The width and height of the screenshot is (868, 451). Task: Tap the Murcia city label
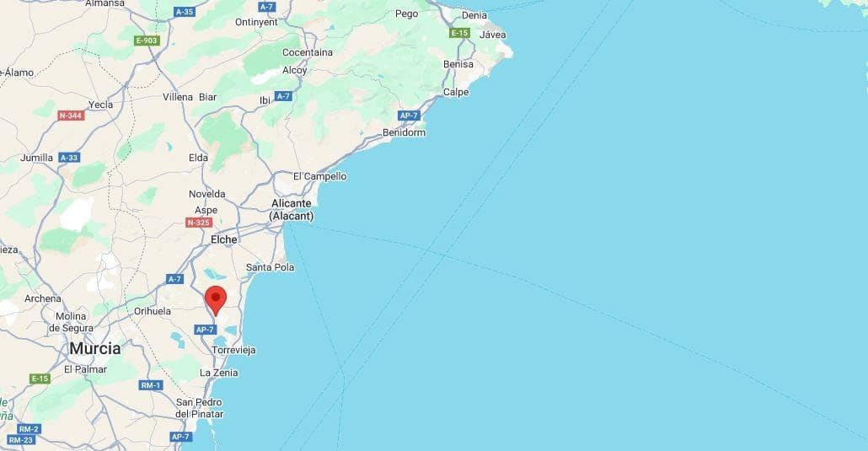click(x=94, y=348)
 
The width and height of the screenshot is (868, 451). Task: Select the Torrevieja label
click(x=234, y=350)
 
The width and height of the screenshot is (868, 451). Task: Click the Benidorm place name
click(x=404, y=132)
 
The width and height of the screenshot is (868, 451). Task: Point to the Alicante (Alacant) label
click(x=292, y=210)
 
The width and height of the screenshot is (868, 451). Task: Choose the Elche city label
click(x=224, y=239)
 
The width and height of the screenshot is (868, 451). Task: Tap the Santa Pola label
click(x=270, y=267)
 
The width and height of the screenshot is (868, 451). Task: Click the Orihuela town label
click(x=153, y=311)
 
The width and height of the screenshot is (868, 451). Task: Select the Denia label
click(x=474, y=15)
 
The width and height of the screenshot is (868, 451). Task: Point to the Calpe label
click(x=456, y=92)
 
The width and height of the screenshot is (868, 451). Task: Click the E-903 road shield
click(x=147, y=40)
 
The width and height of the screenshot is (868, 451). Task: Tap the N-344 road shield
click(x=72, y=115)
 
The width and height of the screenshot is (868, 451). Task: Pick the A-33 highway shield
click(x=69, y=158)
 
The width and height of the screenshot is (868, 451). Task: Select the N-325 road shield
click(x=198, y=223)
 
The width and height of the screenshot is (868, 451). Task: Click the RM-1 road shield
click(x=151, y=385)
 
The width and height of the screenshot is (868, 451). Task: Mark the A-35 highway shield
click(x=184, y=12)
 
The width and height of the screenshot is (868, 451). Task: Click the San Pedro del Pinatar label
click(x=200, y=408)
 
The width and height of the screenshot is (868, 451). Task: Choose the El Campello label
click(x=319, y=176)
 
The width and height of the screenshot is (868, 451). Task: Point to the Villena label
click(x=178, y=97)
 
